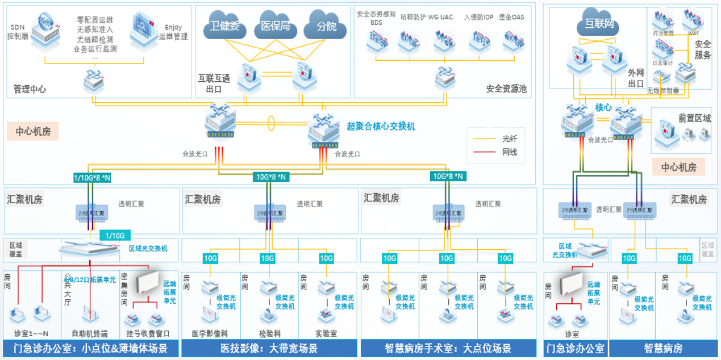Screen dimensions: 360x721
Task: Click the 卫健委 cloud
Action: pyautogui.click(x=224, y=26)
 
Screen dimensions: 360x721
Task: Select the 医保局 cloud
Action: pyautogui.click(x=275, y=26)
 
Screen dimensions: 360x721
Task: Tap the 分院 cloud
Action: pyautogui.click(x=326, y=26)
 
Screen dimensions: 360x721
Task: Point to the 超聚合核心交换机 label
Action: pyautogui.click(x=381, y=126)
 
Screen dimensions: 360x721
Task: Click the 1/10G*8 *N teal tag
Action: pyautogui.click(x=92, y=178)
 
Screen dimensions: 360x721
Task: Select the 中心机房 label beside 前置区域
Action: pyautogui.click(x=678, y=167)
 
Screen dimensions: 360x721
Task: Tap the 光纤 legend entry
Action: pyautogui.click(x=509, y=138)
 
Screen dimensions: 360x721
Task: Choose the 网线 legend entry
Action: pyautogui.click(x=509, y=152)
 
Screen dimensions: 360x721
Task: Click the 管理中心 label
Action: pyautogui.click(x=30, y=89)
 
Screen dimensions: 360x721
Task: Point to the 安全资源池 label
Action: pyautogui.click(x=506, y=89)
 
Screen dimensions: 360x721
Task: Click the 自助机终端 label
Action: pyautogui.click(x=89, y=333)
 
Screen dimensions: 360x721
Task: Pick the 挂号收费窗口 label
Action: pyautogui.click(x=147, y=333)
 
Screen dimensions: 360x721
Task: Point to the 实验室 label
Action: pyautogui.click(x=326, y=333)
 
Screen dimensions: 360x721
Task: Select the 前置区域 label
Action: pyautogui.click(x=694, y=118)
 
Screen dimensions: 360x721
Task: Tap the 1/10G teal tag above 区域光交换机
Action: pyautogui.click(x=115, y=235)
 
